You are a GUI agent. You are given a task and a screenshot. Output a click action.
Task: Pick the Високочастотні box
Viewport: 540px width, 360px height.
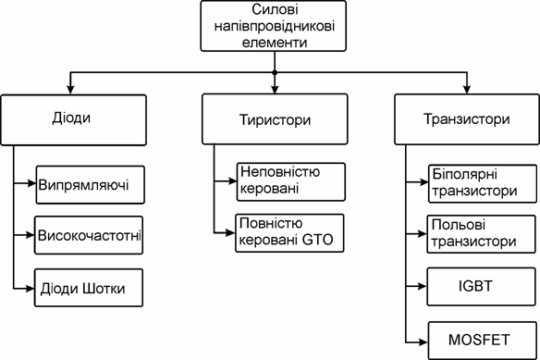[x=90, y=235]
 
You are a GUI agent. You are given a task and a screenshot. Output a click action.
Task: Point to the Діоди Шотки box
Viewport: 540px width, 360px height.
[x=90, y=287]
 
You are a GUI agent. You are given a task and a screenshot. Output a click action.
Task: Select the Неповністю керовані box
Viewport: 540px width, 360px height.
[x=277, y=181]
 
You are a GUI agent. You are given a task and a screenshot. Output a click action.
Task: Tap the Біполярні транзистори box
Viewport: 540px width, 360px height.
[x=472, y=183]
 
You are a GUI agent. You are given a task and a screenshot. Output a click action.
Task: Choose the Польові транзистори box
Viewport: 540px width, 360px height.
[x=472, y=233]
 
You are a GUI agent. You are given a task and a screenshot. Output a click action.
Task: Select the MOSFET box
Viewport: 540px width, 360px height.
[x=472, y=336]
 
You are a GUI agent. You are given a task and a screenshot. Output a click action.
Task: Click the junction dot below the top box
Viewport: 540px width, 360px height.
[x=274, y=72]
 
